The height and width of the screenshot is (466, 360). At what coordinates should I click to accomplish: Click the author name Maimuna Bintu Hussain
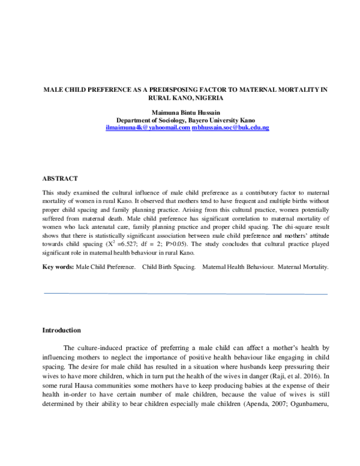pos(185,112)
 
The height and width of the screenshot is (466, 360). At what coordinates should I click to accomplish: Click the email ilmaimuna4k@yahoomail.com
pos(147,128)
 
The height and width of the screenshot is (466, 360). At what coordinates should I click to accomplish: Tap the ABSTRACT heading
pos(60,179)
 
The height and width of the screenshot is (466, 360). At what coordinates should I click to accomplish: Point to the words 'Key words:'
pos(58,267)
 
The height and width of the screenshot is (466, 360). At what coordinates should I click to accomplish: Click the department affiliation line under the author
pos(185,120)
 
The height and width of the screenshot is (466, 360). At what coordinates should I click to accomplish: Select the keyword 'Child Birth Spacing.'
pos(169,267)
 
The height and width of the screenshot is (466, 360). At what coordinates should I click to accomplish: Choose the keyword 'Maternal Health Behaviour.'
pos(241,267)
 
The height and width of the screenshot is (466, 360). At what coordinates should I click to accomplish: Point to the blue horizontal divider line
pos(186,294)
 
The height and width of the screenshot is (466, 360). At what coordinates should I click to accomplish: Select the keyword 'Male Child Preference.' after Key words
pos(105,267)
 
